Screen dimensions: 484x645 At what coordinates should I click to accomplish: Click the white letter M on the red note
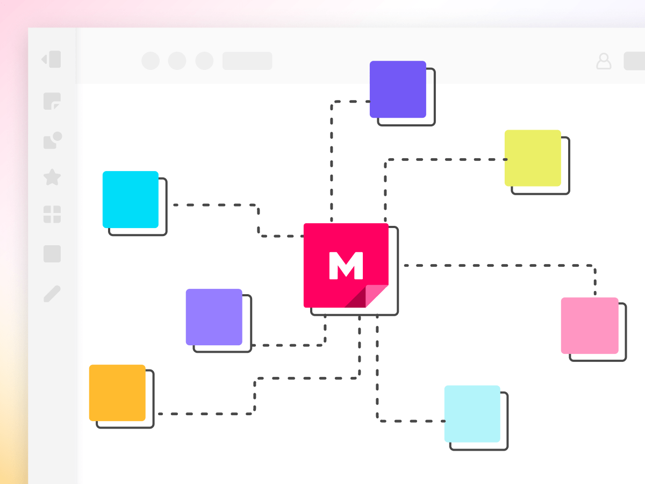pos(346,265)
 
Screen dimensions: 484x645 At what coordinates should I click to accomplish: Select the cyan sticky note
pos(131,200)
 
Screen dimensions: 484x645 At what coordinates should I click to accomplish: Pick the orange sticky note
pos(117,393)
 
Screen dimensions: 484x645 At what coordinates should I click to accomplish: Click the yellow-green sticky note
pos(533,158)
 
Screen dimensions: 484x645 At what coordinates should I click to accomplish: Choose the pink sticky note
pos(589,325)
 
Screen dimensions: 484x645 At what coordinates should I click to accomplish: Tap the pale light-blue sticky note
pos(472,414)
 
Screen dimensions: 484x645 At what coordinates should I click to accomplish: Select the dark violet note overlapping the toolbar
pos(398,89)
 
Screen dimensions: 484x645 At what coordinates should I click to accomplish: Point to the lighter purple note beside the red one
pos(214,317)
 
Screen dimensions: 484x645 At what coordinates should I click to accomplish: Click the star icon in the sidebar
pos(52,177)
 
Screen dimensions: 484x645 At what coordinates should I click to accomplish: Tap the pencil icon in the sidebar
pos(52,294)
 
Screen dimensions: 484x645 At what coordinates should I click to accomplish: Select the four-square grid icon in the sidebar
pos(52,214)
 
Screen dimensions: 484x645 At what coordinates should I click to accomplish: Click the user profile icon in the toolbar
pos(604,61)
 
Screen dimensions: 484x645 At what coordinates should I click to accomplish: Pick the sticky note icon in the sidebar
pos(52,101)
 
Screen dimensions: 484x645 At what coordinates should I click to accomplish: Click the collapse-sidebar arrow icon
pos(52,59)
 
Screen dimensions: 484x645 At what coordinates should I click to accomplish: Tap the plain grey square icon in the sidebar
pos(52,254)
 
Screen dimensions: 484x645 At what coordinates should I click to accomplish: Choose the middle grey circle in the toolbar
pos(177,61)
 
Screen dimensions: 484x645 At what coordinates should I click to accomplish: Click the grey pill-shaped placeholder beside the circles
pos(247,61)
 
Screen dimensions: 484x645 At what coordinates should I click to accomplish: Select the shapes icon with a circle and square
pos(52,140)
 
